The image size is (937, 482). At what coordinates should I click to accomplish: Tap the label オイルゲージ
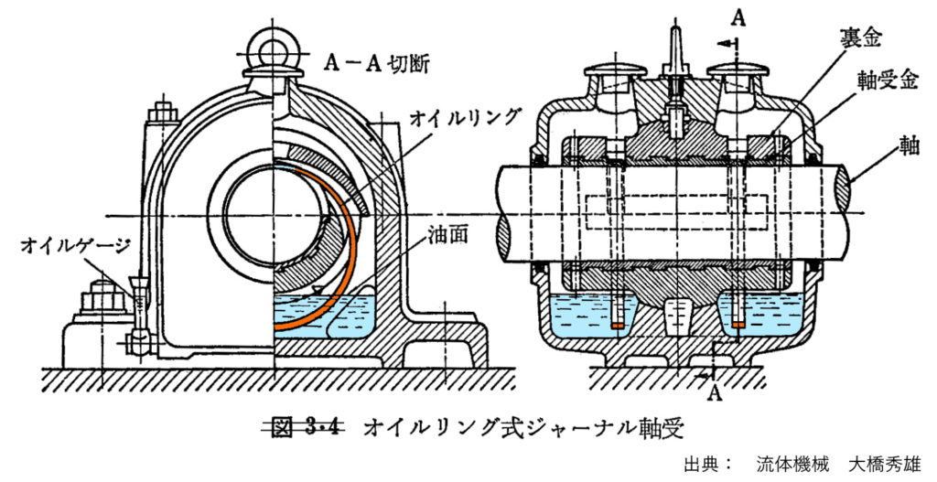click(74, 245)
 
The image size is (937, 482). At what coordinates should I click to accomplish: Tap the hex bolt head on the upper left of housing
click(162, 114)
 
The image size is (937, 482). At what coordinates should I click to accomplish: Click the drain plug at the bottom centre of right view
click(677, 316)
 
